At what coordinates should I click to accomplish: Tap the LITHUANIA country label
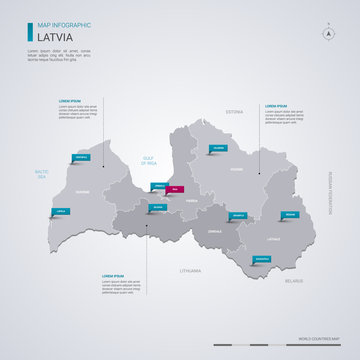(190, 270)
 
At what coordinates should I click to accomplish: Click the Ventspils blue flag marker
(81, 157)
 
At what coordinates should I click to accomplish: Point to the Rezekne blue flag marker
(290, 215)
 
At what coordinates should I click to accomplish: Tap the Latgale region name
(274, 239)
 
